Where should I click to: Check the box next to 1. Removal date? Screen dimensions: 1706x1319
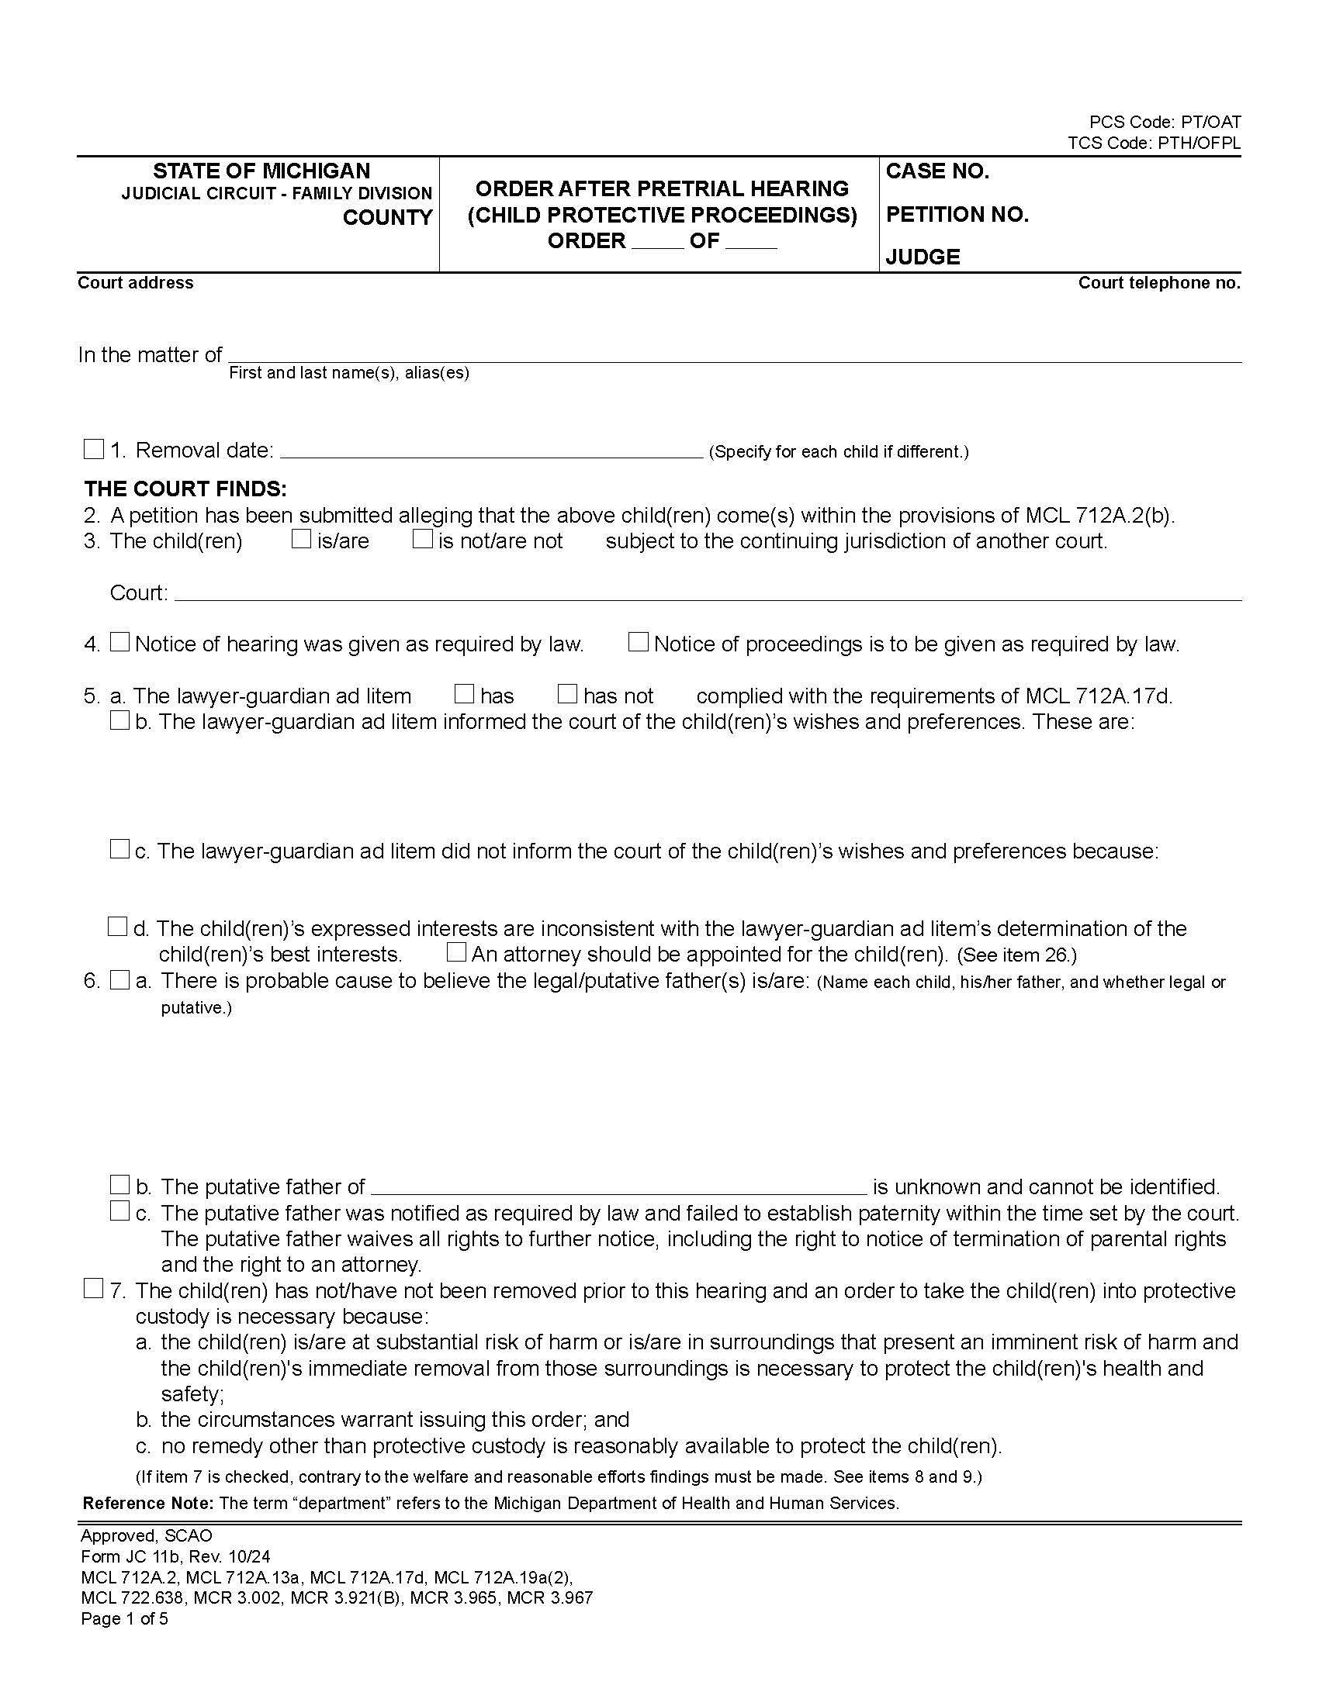[94, 449]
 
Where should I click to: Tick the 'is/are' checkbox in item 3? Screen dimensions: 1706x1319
[302, 539]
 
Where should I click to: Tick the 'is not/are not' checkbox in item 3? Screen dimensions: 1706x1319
[423, 539]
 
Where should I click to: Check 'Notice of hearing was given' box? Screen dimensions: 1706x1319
[119, 642]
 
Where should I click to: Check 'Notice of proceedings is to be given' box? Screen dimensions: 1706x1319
[639, 642]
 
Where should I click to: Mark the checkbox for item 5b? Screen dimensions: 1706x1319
[119, 720]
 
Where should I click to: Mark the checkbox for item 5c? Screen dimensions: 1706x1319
[119, 849]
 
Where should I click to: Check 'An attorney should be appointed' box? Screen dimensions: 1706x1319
[456, 952]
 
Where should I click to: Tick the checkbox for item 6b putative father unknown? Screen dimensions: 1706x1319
[119, 1185]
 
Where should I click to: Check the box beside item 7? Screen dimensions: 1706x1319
[94, 1289]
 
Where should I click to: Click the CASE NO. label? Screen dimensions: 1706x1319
[937, 171]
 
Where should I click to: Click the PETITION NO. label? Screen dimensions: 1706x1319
[957, 214]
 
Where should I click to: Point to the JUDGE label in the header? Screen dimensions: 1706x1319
[922, 257]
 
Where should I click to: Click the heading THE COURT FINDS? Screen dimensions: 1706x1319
[185, 489]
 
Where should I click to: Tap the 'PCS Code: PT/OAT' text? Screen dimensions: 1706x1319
[1165, 123]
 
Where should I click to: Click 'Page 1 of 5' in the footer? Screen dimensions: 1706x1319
[124, 1618]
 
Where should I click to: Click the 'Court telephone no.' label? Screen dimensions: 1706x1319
[1159, 283]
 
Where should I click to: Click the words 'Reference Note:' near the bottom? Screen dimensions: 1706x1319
[147, 1503]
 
